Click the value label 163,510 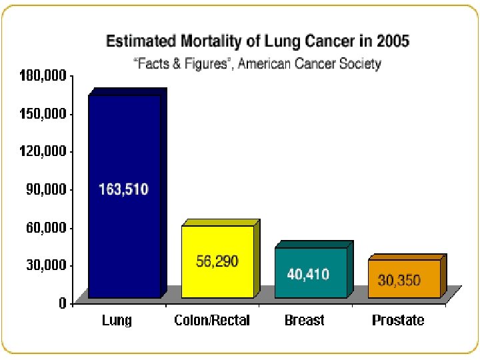123,189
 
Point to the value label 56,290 217,261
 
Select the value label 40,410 308,274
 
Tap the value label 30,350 399,281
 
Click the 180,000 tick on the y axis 43,75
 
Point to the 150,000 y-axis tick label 43,114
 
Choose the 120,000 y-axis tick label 43,151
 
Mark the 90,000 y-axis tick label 46,189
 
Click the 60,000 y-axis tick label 46,228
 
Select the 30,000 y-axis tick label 46,265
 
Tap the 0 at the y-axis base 63,303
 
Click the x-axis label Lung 117,321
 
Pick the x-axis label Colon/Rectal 212,320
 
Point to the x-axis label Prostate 398,320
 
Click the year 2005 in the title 393,41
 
